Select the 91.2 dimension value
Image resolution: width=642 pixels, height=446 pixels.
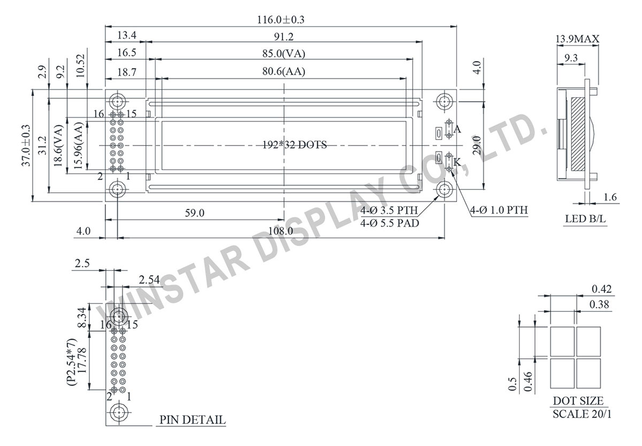tap(284, 37)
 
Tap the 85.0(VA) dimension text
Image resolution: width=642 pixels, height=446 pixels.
tap(284, 54)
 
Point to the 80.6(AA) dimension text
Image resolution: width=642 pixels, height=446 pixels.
tap(284, 71)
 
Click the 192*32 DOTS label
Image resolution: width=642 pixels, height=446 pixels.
tap(294, 144)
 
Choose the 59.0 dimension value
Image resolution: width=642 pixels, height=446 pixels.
tap(194, 213)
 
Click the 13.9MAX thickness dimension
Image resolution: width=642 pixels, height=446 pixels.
tap(577, 39)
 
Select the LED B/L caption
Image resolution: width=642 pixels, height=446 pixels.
tap(585, 219)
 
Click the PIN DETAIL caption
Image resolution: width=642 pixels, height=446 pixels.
tap(192, 420)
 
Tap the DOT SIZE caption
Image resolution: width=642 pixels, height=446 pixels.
tap(578, 401)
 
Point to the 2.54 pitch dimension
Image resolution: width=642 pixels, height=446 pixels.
tap(150, 279)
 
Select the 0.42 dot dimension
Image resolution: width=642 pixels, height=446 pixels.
tap(601, 289)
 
